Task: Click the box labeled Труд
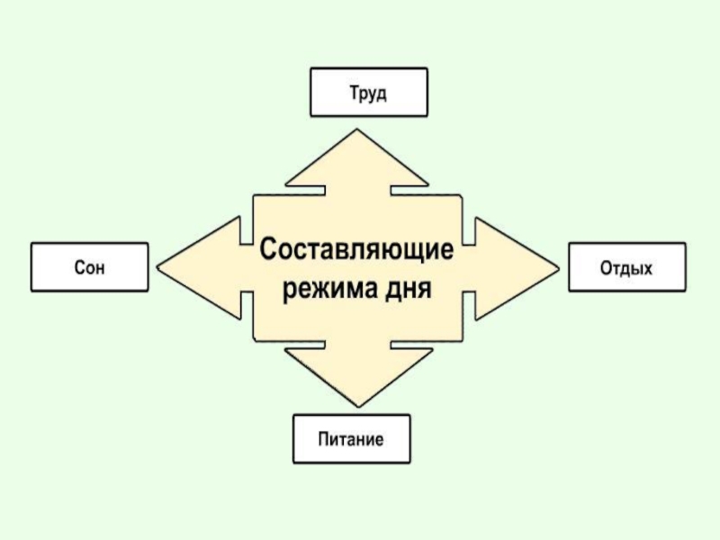[x=368, y=93]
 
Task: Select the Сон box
[x=89, y=266]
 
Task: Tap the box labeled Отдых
[x=626, y=266]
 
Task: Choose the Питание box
[x=351, y=439]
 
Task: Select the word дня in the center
[x=411, y=290]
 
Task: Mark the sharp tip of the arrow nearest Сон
[x=158, y=266]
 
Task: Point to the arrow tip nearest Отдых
[x=557, y=266]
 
